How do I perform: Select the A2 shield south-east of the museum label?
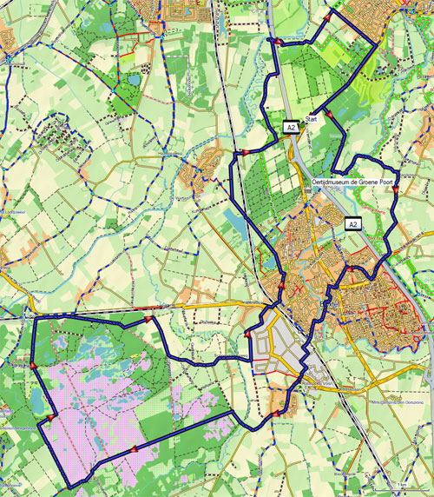coord(353,223)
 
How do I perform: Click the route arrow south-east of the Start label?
coord(331,113)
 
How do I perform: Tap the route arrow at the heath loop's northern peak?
coord(148,319)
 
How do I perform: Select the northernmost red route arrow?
coord(327,16)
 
